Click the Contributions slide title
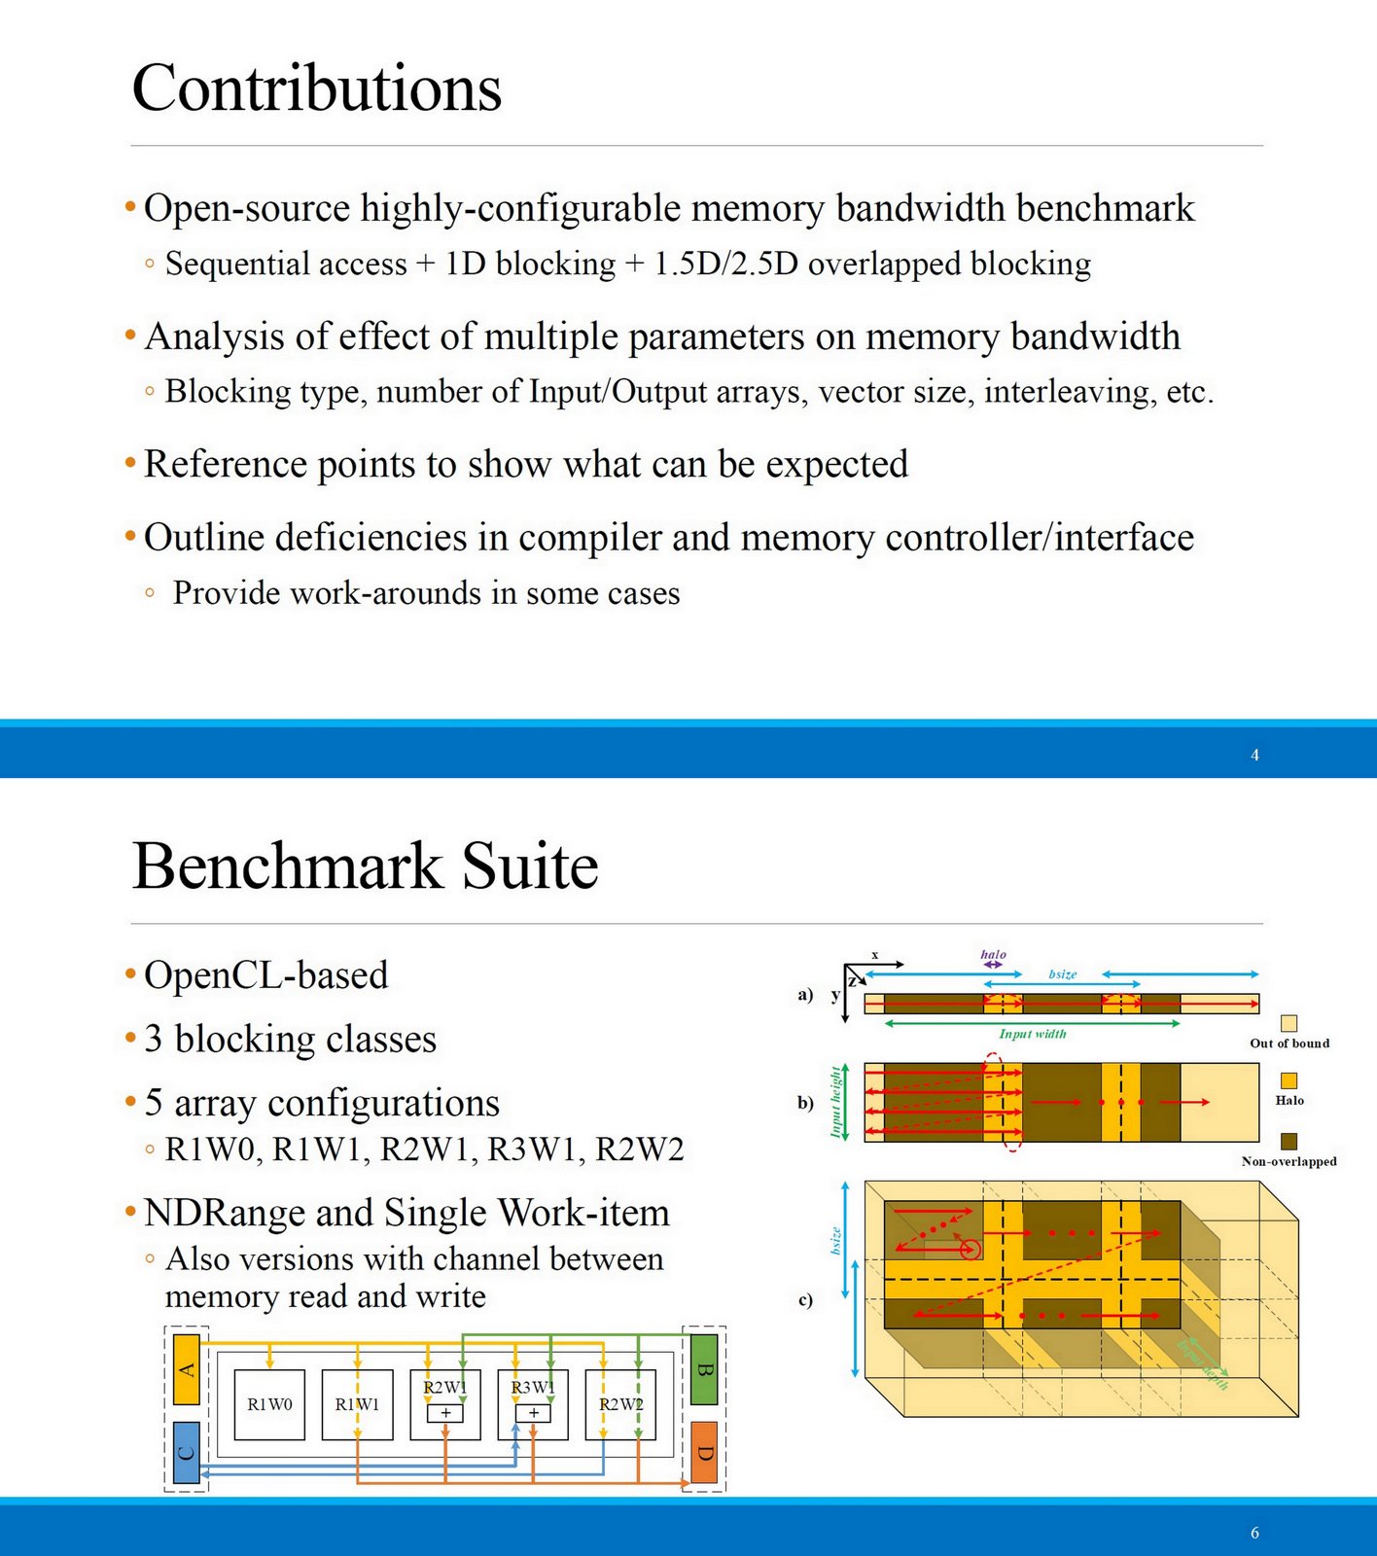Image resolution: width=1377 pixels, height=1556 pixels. coord(316,88)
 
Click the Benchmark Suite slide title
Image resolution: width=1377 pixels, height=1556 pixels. coord(365,866)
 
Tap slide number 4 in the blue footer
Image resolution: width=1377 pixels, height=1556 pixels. coord(1254,755)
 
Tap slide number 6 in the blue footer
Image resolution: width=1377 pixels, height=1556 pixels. coord(1254,1533)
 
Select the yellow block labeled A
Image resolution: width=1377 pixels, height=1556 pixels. coord(187,1369)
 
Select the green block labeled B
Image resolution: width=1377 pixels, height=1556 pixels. coord(704,1369)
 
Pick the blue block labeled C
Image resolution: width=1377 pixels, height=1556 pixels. coord(187,1452)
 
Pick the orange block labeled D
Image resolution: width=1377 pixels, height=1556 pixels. coord(704,1452)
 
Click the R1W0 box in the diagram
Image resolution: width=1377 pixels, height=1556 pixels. coord(269,1404)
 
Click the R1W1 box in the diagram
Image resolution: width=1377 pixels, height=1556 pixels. coord(357,1404)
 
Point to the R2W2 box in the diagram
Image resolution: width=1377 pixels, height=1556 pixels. coord(620,1404)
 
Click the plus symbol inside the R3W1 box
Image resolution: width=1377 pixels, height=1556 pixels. coord(533,1413)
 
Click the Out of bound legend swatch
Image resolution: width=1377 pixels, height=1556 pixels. coord(1289,1023)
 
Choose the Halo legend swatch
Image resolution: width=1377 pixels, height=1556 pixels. coord(1289,1080)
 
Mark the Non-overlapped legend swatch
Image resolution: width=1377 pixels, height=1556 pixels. coord(1289,1141)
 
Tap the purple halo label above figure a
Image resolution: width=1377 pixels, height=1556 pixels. coord(993,955)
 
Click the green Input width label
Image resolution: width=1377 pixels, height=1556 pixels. coord(1033,1034)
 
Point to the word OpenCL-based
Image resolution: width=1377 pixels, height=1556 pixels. coord(265,974)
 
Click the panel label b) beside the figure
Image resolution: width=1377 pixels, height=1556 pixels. coord(805,1103)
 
